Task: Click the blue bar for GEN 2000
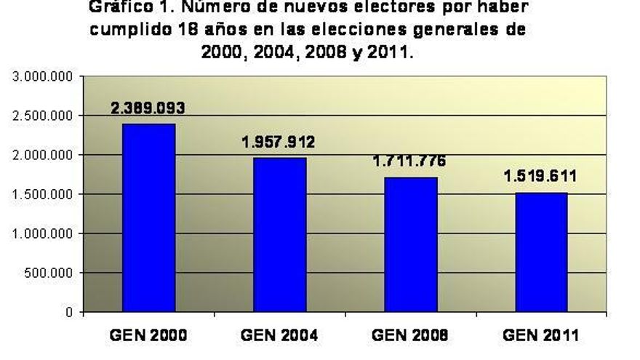coord(148,217)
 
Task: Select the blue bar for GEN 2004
coord(279,234)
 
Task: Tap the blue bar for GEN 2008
coord(410,244)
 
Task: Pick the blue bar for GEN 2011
coord(541,252)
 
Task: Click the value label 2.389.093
coord(148,108)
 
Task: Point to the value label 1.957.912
coord(279,142)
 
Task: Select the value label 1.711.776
coord(409,161)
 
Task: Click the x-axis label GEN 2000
coord(148,335)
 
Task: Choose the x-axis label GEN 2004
coord(279,335)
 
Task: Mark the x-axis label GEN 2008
coord(410,335)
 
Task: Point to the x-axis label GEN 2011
coord(541,335)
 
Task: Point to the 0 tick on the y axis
coord(70,312)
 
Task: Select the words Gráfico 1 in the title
coord(124,7)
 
